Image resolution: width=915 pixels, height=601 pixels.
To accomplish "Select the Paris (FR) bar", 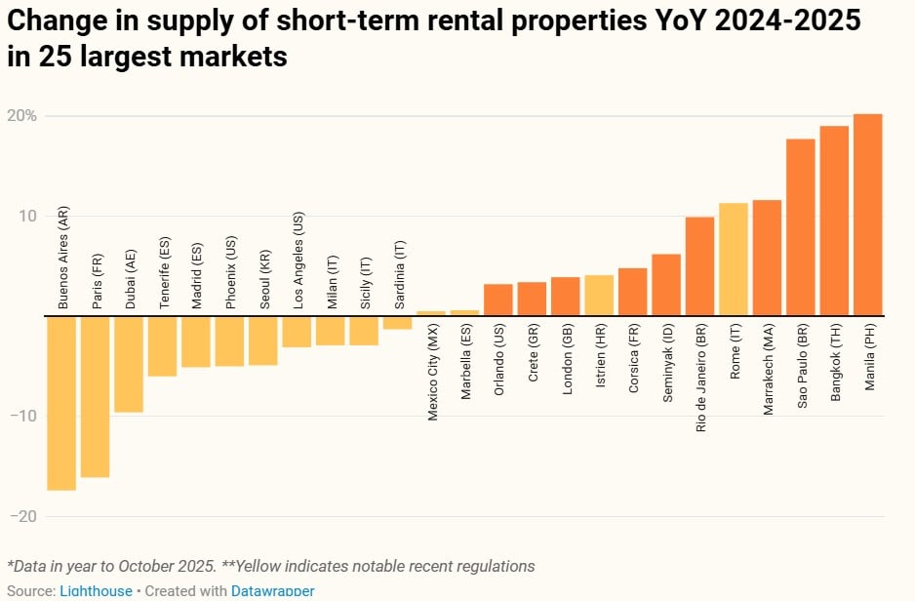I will click(95, 396).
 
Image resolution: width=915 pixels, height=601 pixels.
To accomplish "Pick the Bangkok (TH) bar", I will click(834, 220).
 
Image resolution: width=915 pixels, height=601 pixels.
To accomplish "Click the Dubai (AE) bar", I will click(129, 364).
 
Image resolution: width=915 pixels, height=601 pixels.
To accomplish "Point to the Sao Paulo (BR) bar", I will click(801, 227).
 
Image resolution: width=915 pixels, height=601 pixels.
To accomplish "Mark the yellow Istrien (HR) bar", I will click(599, 296).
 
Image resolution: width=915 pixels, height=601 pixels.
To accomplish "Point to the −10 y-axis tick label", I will click(25, 417).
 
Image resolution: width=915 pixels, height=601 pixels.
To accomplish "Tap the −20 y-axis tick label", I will click(25, 516).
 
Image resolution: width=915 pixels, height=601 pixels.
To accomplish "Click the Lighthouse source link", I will click(96, 591).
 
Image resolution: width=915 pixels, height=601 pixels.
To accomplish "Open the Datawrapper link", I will click(272, 591).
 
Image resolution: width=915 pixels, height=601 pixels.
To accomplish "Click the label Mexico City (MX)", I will click(432, 374).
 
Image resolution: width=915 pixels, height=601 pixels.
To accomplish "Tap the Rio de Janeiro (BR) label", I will click(700, 380).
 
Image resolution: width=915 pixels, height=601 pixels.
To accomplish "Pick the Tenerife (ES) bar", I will click(162, 346).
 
